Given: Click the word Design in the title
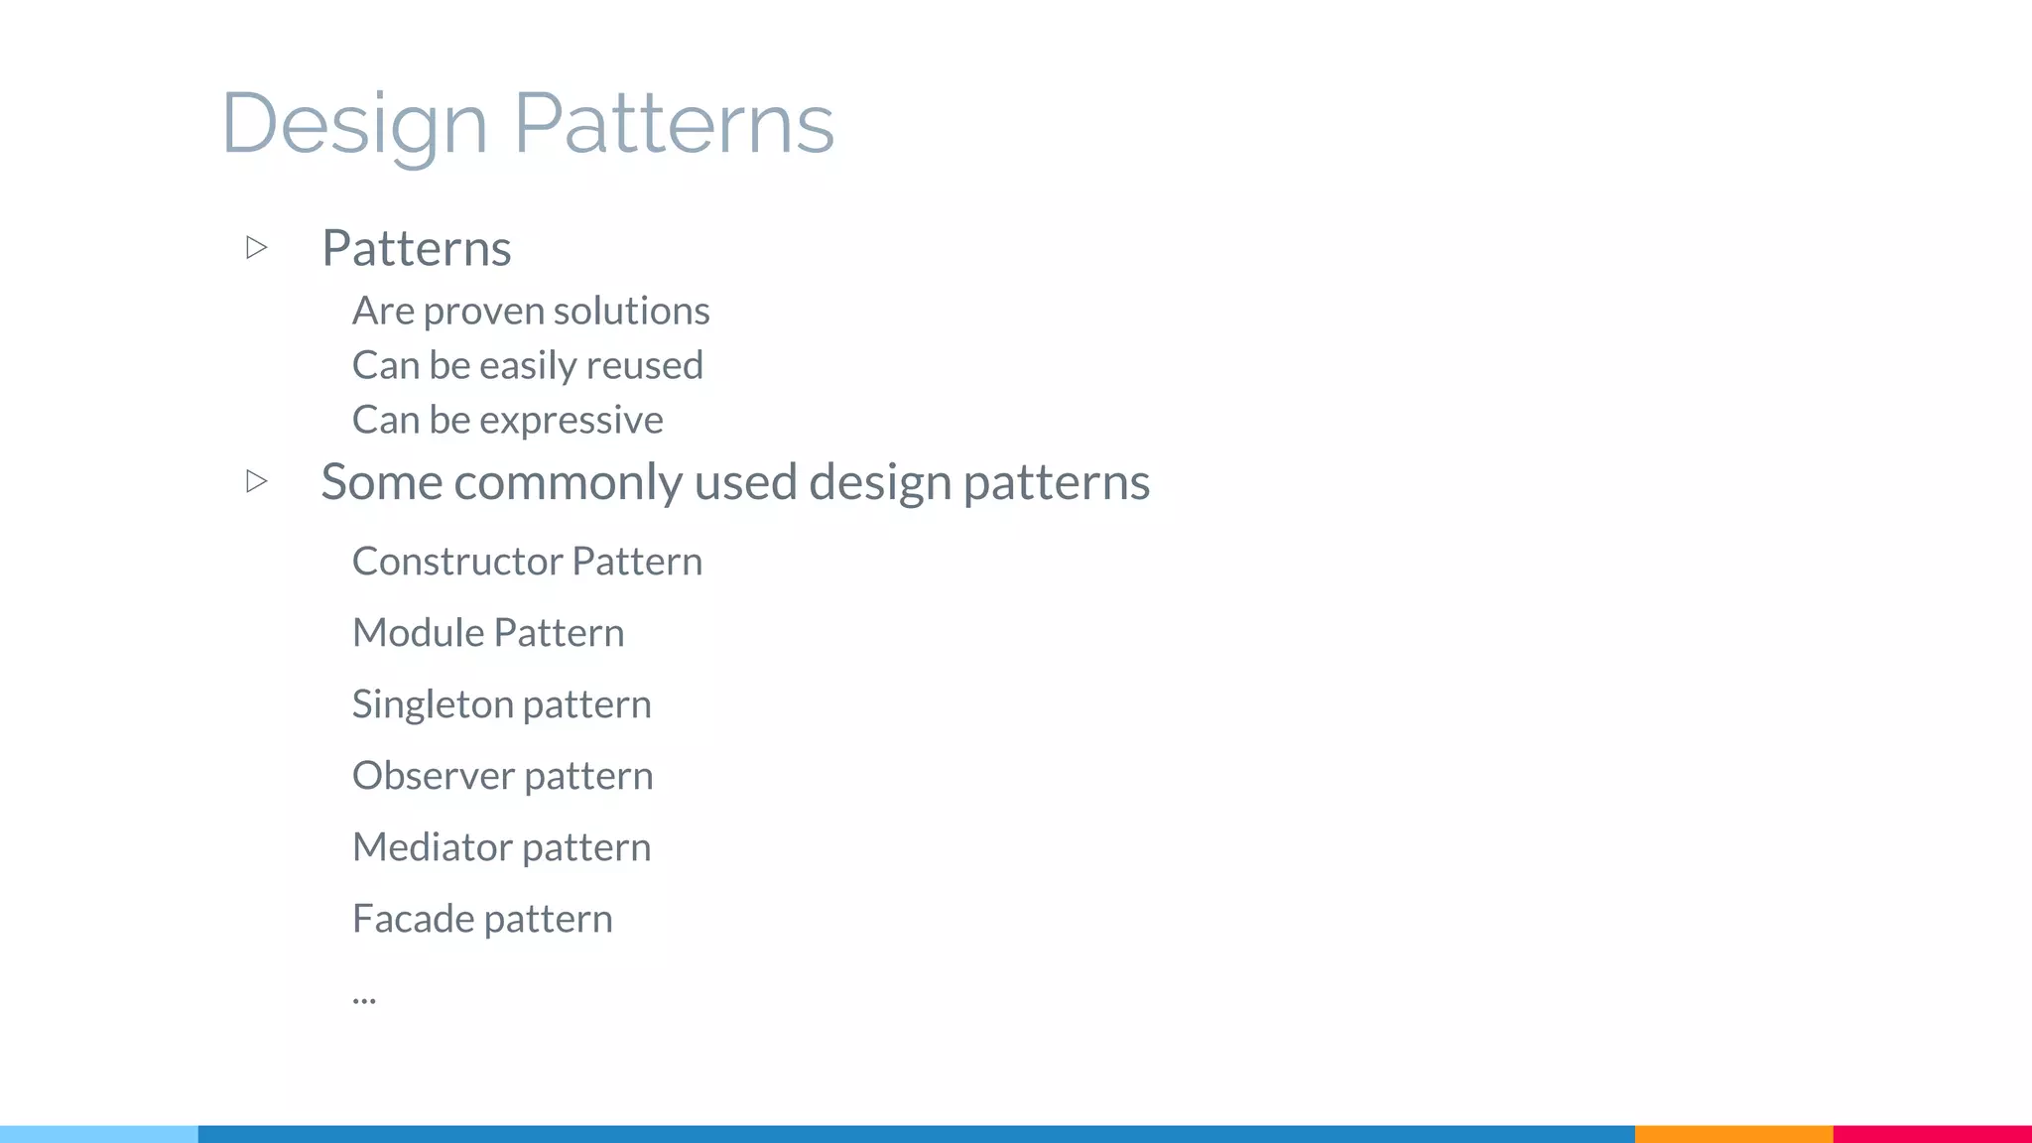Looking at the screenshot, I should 354,123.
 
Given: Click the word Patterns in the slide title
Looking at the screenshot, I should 673,123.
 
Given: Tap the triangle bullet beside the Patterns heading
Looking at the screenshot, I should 257,247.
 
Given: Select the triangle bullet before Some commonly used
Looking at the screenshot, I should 257,481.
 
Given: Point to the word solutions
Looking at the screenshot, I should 631,312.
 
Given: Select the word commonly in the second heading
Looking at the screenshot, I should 567,483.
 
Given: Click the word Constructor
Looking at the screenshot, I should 457,562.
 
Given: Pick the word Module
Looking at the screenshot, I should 418,633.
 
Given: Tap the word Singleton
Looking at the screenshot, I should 432,705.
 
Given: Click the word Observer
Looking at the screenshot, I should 433,776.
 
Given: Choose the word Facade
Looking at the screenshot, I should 413,919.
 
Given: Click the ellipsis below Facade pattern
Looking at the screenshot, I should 364,998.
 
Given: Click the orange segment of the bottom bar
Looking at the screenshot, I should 1733,1133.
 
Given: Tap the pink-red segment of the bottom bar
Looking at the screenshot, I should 1932,1133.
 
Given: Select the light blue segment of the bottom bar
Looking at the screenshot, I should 99,1133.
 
